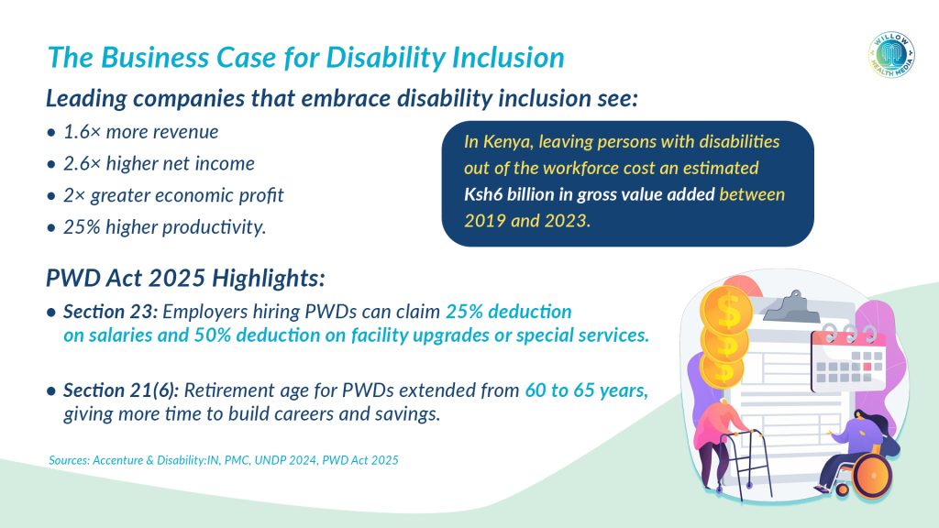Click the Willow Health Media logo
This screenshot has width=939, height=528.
tap(891, 55)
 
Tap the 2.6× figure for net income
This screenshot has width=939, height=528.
tap(82, 163)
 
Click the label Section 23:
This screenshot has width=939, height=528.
tap(110, 312)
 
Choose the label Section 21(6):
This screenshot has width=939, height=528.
tap(121, 390)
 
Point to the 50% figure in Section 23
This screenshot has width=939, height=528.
tap(213, 335)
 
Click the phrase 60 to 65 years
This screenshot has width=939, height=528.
tap(586, 390)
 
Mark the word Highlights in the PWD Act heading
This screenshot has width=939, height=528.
tap(269, 279)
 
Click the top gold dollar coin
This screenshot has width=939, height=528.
tap(726, 309)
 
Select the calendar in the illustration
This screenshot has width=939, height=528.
tap(847, 357)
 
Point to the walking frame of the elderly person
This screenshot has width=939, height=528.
tap(746, 462)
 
